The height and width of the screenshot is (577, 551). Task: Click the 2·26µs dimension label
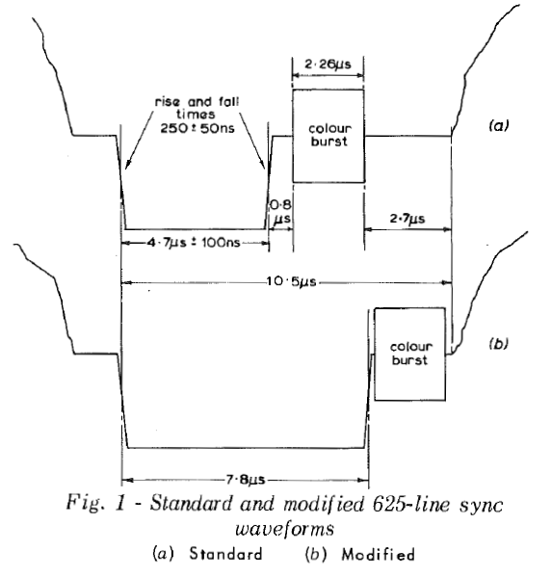[328, 65]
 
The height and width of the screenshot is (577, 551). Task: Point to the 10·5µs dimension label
[291, 282]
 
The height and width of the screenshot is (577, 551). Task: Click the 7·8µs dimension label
[245, 480]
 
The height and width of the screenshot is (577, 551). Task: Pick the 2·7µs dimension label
[407, 219]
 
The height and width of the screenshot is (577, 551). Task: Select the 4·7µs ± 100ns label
[194, 243]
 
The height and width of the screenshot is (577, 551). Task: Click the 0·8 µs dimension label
[281, 212]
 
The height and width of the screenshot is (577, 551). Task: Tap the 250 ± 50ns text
[197, 128]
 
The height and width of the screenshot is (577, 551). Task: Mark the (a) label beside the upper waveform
[498, 126]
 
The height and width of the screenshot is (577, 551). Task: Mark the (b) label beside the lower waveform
[498, 344]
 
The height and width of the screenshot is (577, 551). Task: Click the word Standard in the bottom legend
[225, 554]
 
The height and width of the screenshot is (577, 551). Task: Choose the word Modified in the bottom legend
[378, 554]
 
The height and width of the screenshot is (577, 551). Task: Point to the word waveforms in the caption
[284, 530]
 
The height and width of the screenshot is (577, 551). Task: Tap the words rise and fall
[197, 101]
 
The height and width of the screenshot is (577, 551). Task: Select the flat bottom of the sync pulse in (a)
[196, 229]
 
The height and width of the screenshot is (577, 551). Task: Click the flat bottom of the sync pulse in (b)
[246, 448]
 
